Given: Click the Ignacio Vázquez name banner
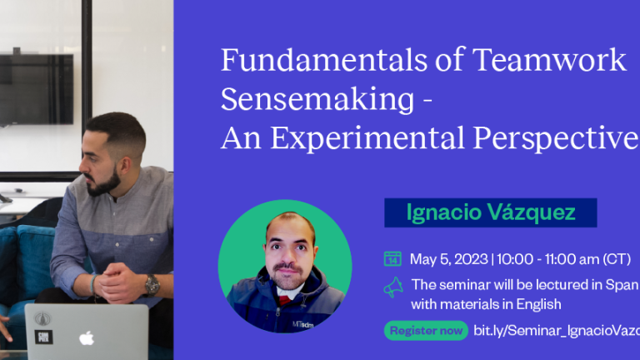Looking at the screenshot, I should click(490, 212).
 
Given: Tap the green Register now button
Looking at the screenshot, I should click(426, 331).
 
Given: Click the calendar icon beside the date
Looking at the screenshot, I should click(392, 258).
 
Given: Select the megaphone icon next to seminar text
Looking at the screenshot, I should click(392, 287).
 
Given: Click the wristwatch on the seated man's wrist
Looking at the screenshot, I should click(151, 284).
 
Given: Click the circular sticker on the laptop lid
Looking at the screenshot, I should click(42, 319).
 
